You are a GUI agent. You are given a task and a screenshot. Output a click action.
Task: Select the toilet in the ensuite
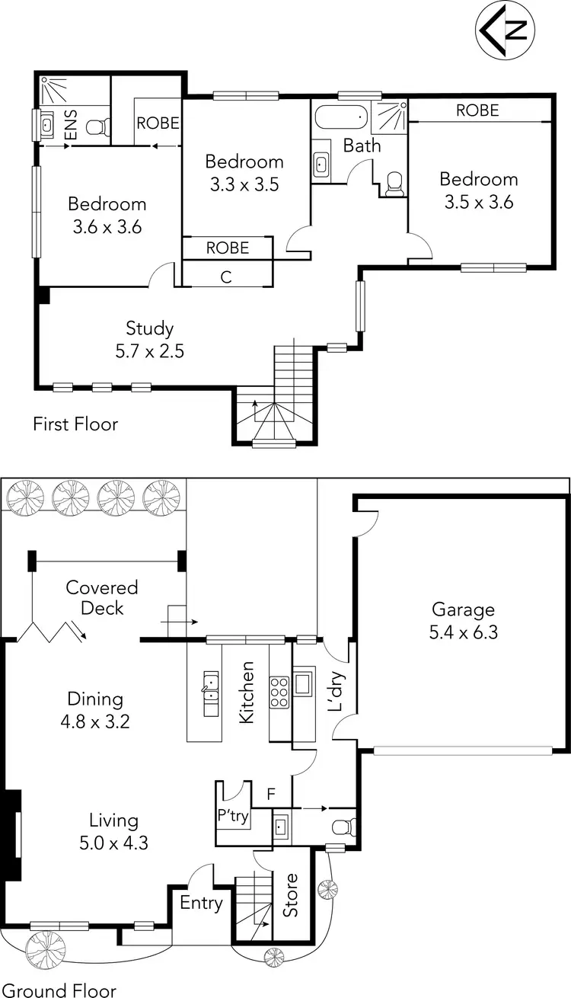click(95, 129)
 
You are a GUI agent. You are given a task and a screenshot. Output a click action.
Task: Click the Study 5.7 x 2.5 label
click(150, 340)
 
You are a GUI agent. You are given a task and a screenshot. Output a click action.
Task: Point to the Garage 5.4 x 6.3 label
click(463, 620)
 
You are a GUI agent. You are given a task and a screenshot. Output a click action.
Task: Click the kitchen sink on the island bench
click(210, 694)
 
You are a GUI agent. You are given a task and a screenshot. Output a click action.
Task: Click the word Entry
click(202, 904)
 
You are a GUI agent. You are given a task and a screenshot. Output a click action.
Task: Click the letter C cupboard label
click(226, 277)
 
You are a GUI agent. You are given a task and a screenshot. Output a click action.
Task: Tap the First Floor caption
click(75, 424)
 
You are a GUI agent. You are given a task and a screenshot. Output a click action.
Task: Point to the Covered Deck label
click(102, 598)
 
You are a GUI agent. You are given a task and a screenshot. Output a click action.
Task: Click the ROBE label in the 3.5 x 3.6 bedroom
click(477, 110)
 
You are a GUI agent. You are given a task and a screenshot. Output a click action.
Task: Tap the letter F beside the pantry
click(270, 795)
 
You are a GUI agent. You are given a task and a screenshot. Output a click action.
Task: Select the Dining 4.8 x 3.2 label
click(94, 709)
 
